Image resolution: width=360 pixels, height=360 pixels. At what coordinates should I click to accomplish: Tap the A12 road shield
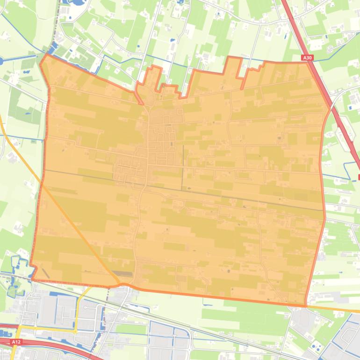pos(16,342)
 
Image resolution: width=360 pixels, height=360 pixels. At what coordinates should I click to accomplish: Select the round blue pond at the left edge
pos(1,60)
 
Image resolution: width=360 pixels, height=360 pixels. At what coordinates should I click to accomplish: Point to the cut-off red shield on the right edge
pos(359,177)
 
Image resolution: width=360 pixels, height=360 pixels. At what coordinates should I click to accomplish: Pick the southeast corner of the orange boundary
pos(306,306)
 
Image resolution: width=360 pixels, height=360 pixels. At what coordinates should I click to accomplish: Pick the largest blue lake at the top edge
pos(75,2)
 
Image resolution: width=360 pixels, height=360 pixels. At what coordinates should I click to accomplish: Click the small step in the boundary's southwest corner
pos(34,269)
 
